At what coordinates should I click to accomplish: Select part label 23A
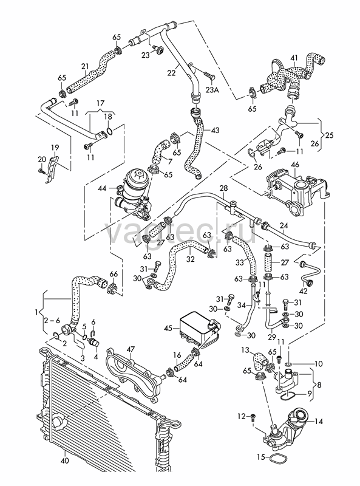click(x=212, y=90)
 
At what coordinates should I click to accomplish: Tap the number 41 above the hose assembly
click(x=294, y=58)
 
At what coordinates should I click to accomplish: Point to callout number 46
click(x=295, y=165)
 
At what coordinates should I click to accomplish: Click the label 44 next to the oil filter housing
click(x=102, y=188)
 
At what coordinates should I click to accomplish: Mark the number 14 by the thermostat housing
click(x=319, y=422)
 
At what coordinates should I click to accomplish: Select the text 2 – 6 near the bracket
click(x=51, y=321)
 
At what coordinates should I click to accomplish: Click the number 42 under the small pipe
click(x=304, y=291)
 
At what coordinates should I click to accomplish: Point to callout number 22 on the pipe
click(x=171, y=72)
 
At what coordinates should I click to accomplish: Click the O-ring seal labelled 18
click(x=109, y=132)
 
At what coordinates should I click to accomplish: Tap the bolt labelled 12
click(x=253, y=417)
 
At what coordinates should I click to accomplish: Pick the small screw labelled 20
click(x=41, y=170)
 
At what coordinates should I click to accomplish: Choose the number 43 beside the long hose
click(x=215, y=130)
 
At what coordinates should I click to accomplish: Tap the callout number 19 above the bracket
click(x=55, y=147)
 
